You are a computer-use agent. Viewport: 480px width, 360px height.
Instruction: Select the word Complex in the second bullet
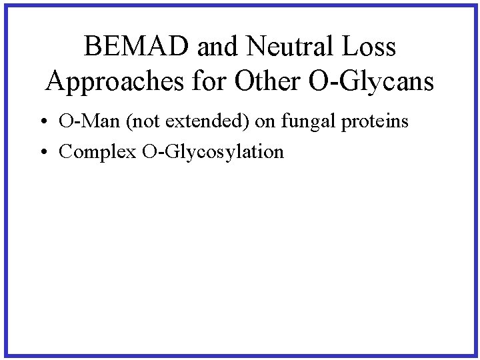click(97, 152)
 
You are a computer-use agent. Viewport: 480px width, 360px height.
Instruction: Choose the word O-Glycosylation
click(213, 153)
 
